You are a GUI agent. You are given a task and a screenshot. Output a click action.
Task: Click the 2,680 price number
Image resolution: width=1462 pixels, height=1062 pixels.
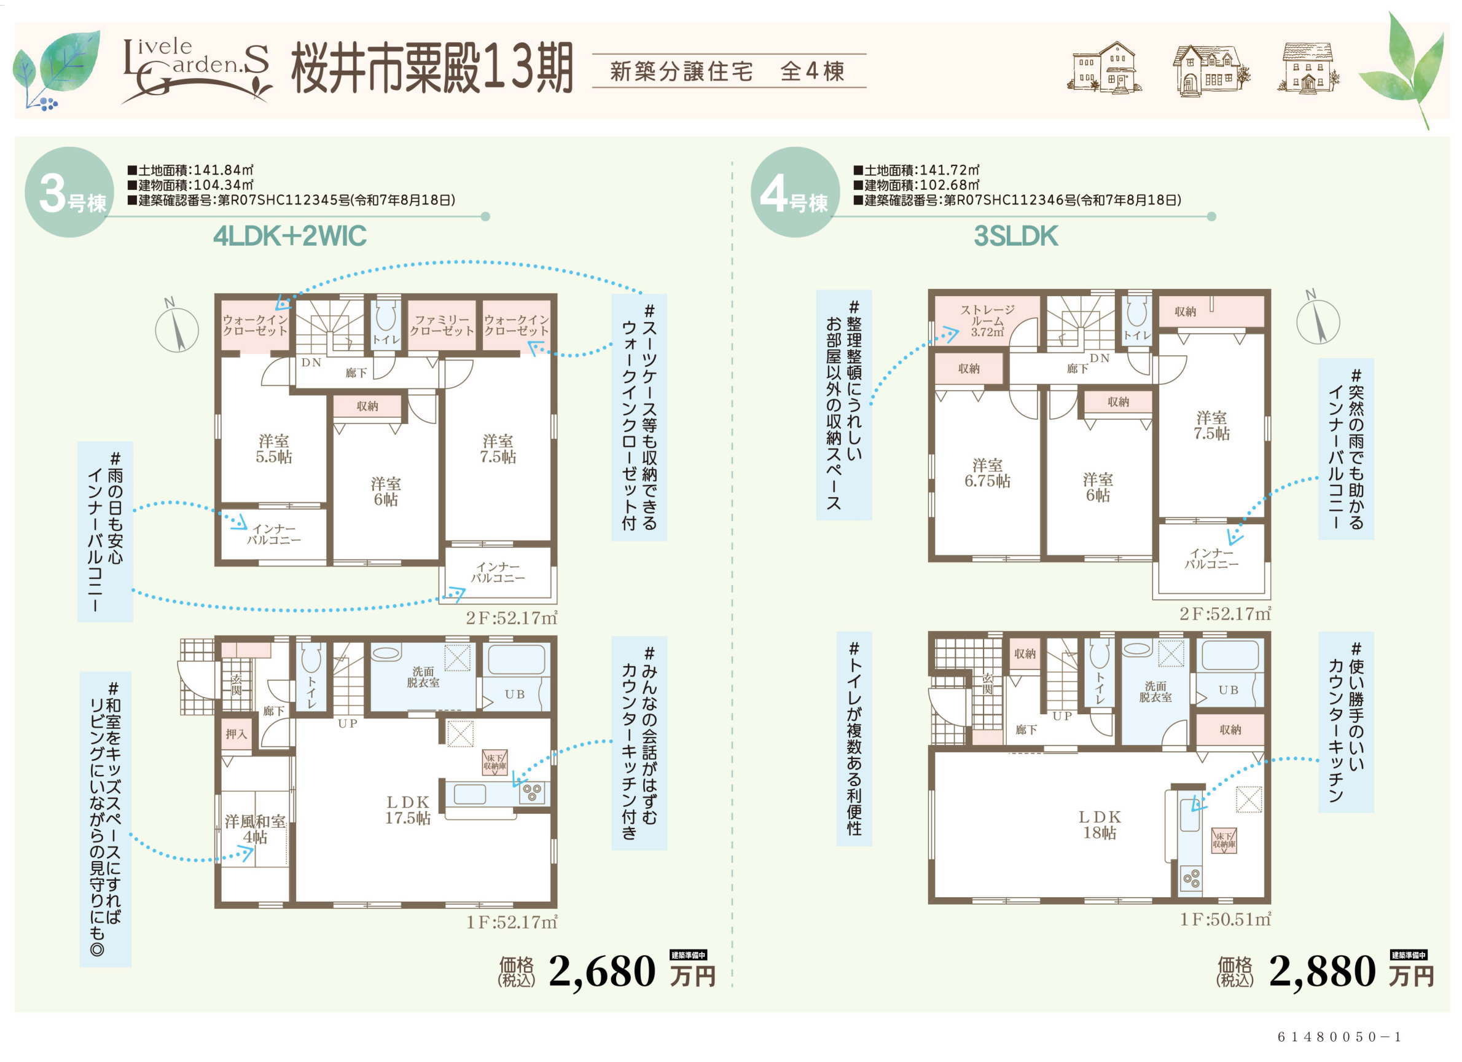602,971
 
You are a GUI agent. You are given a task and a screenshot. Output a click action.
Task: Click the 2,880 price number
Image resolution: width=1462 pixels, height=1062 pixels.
1322,971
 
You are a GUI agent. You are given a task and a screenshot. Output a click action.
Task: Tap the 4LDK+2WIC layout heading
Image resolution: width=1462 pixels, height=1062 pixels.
289,236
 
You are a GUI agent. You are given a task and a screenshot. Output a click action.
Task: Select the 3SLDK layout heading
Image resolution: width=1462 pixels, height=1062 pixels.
1015,236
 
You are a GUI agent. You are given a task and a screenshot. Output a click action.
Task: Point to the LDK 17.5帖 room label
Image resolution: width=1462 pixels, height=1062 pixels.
407,810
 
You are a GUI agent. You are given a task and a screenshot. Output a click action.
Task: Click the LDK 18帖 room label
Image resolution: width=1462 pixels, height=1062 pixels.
1100,825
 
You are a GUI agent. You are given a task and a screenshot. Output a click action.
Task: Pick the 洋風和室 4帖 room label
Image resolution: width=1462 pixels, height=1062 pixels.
256,829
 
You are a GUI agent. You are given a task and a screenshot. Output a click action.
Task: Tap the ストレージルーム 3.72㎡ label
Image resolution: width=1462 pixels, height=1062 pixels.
987,320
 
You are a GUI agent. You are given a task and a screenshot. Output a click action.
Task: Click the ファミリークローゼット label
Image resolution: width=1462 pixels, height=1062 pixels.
442,325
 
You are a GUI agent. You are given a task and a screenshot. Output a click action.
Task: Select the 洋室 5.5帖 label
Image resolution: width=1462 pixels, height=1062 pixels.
274,449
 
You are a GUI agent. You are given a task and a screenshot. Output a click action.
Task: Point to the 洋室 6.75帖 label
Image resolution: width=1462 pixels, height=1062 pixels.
987,473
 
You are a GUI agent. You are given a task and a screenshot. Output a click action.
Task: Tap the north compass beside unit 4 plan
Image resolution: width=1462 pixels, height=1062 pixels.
1318,318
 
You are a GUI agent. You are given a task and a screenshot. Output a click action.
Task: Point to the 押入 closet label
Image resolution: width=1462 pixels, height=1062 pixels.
236,734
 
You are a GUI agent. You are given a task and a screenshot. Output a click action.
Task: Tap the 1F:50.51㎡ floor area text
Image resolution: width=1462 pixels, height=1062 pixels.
1225,919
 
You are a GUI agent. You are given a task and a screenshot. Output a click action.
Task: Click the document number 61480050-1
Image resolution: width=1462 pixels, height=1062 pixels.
1340,1037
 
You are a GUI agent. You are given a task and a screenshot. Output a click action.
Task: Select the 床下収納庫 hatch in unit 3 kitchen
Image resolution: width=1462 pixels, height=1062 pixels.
495,762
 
